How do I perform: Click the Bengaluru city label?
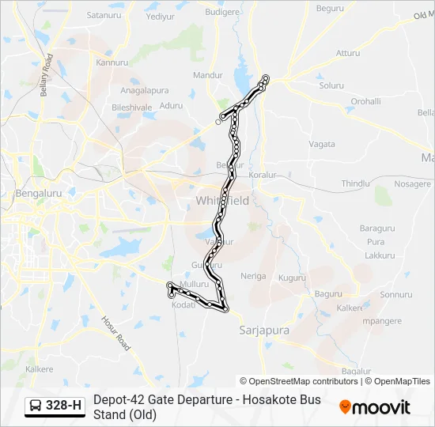click(x=39, y=192)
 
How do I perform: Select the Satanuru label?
click(x=104, y=15)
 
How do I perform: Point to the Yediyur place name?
click(x=160, y=17)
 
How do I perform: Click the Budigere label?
click(x=221, y=12)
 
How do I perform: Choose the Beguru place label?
click(x=329, y=9)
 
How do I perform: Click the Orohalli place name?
click(x=366, y=101)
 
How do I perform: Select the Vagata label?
click(x=322, y=144)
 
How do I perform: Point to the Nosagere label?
click(x=412, y=183)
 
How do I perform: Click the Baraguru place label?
click(x=377, y=229)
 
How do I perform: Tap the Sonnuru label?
click(x=396, y=295)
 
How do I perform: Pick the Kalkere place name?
click(x=39, y=369)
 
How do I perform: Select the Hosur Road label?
click(x=118, y=332)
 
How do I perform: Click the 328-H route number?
click(x=63, y=406)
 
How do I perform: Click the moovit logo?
click(x=375, y=407)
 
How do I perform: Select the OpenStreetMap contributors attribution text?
click(x=301, y=381)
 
